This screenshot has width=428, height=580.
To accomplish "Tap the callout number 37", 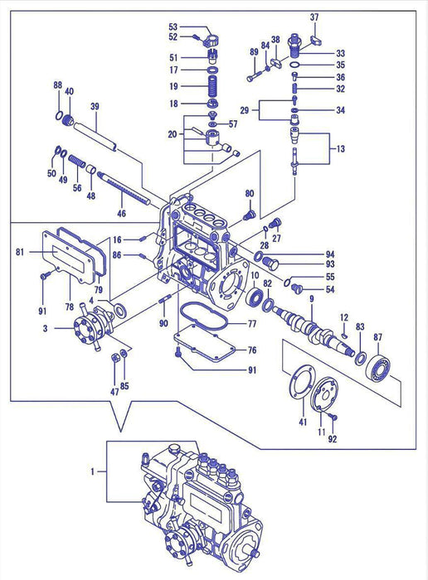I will coord(314,17).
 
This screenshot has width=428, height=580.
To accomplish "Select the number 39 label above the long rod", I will coord(95,106).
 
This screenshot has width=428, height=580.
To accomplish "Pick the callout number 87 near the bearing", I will coord(378,336).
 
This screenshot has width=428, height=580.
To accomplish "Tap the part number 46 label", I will coord(121,215).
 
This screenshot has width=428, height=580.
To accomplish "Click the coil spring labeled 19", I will coord(213,86).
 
